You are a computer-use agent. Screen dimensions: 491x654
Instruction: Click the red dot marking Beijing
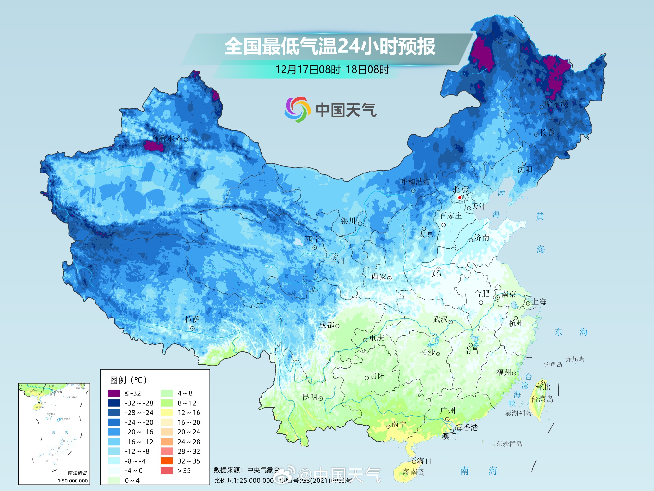(459, 197)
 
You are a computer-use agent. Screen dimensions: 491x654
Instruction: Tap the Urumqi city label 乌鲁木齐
(167, 138)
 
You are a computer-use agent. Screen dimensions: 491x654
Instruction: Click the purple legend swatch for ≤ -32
(114, 393)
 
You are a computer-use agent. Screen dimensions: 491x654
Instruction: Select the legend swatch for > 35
(167, 471)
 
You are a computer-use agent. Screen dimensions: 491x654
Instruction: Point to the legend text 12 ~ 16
(189, 413)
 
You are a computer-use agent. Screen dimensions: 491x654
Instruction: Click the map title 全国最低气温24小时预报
(330, 46)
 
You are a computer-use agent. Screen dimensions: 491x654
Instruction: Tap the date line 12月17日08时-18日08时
(332, 70)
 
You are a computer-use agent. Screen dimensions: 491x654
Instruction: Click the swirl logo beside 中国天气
(297, 109)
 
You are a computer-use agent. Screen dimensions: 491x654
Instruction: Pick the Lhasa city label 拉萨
(192, 319)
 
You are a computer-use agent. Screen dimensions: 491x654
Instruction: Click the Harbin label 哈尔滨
(557, 104)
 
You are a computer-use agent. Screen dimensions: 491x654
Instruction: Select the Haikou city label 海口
(424, 461)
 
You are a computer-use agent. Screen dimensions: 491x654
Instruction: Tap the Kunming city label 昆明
(310, 397)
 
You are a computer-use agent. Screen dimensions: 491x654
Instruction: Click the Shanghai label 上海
(539, 301)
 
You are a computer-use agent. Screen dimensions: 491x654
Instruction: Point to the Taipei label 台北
(543, 387)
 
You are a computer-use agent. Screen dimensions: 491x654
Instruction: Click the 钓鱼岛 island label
(553, 364)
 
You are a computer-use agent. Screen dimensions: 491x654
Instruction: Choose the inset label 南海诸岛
(77, 473)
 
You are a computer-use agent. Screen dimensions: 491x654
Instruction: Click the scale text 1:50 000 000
(73, 481)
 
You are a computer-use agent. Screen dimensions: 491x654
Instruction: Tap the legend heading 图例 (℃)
(128, 380)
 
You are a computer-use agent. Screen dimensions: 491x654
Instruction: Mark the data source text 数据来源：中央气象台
(247, 470)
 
